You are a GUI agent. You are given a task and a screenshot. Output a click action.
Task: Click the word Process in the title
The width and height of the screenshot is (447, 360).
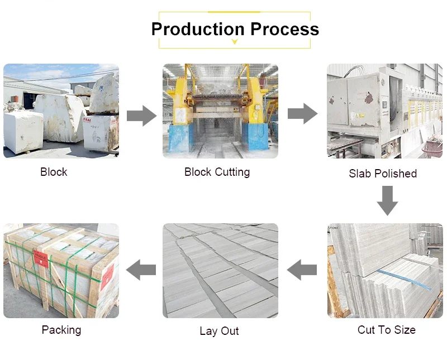284,29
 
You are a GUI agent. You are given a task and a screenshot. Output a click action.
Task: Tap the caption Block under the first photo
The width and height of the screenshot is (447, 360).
54,172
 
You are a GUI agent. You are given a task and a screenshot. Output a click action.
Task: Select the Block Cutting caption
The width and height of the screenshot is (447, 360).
217,172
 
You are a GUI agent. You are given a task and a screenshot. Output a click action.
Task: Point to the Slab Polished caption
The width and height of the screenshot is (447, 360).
383,174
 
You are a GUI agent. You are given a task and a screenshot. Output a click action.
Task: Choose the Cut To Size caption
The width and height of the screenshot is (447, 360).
386,330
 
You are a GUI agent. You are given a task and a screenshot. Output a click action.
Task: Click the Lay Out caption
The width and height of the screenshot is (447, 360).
219,331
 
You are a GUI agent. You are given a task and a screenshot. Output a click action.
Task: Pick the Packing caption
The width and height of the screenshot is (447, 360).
61,330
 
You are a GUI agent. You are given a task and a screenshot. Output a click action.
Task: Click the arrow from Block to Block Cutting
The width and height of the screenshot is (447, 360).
141,116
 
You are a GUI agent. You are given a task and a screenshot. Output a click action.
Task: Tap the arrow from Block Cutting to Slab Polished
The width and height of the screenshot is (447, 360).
302,113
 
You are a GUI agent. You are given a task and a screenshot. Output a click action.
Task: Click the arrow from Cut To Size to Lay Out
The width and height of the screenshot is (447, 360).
302,270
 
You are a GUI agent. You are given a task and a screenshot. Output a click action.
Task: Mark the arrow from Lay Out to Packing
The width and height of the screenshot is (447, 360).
141,270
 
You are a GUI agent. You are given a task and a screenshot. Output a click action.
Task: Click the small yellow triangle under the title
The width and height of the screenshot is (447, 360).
235,42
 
